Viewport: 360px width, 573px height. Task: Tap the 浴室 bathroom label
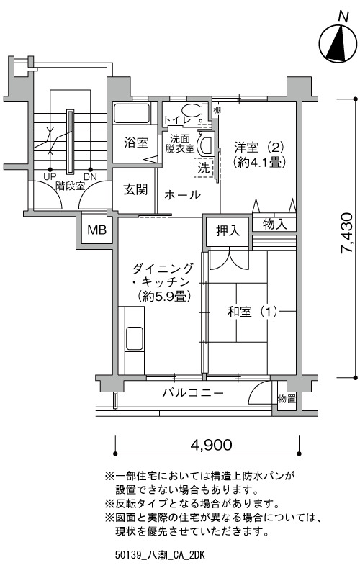pos(136,143)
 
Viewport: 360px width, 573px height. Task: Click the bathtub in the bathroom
pos(132,113)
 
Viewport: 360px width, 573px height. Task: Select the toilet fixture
pos(192,112)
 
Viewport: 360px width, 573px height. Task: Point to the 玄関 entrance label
pos(135,189)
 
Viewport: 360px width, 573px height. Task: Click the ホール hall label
pos(182,195)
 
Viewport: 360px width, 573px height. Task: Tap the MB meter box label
pos(97,230)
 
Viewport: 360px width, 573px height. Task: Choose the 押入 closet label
pos(228,230)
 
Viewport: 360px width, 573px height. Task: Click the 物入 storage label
pos(274,224)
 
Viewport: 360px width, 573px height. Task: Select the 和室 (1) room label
pos(252,312)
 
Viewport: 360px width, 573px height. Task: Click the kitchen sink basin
pos(134,338)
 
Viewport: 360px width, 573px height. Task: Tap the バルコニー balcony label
pos(193,393)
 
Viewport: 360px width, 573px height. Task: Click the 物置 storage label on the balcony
pos(287,398)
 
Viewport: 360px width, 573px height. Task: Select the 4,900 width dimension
pos(211,444)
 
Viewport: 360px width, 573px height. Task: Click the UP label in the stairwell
pos(50,177)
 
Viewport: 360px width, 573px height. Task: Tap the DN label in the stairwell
pos(91,177)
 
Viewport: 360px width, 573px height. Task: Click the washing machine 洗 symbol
pos(204,168)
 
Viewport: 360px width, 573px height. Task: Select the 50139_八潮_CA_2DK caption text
pos(160,556)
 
